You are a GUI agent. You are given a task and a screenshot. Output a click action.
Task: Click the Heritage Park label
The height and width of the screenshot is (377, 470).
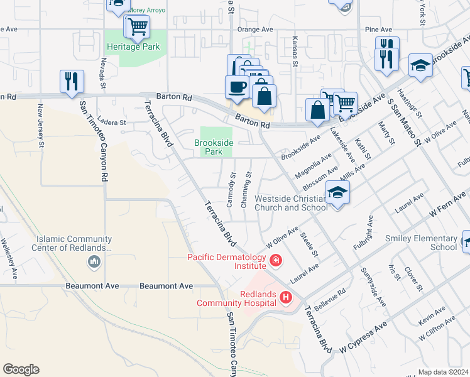click(133, 47)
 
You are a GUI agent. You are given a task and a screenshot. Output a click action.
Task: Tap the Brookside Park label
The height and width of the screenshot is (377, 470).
click(214, 147)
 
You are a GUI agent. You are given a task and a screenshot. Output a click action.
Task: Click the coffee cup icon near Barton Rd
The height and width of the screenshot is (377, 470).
click(237, 87)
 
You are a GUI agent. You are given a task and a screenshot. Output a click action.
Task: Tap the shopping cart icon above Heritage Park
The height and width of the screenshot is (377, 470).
click(137, 26)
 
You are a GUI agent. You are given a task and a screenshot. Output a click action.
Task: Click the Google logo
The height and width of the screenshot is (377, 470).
click(21, 369)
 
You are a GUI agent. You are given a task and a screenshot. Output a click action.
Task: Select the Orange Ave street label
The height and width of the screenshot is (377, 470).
click(254, 30)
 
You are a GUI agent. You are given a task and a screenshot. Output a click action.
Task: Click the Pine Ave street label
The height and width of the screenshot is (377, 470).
click(378, 30)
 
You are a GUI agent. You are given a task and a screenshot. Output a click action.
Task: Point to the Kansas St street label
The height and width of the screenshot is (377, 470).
click(294, 50)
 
